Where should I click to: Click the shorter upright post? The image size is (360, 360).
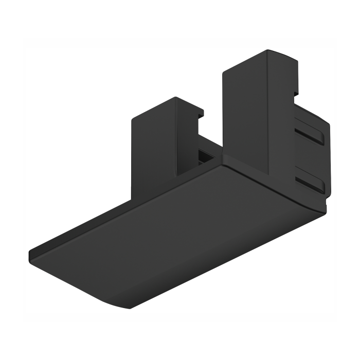pyautogui.click(x=154, y=144)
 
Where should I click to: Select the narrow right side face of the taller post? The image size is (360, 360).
pyautogui.click(x=280, y=118)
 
